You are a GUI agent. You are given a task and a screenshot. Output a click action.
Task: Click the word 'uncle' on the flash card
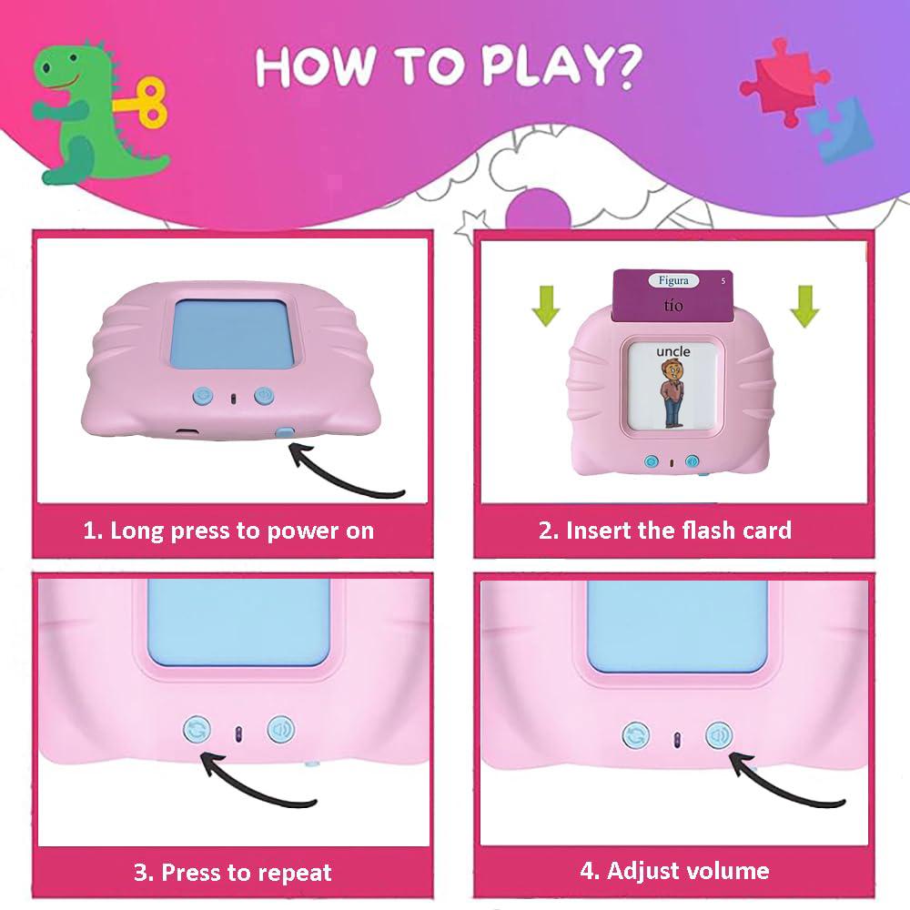click(x=672, y=351)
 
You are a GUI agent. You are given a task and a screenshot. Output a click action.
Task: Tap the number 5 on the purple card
click(x=723, y=280)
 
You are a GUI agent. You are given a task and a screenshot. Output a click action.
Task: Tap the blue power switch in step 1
click(x=287, y=436)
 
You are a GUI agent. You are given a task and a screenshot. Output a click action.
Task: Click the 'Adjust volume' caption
click(x=674, y=871)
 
